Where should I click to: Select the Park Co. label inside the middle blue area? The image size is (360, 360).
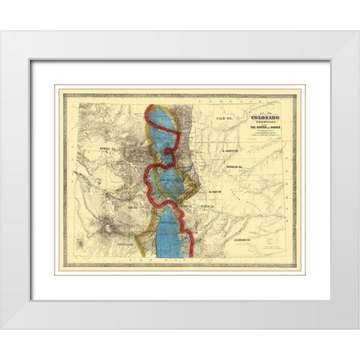[x=169, y=180]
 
